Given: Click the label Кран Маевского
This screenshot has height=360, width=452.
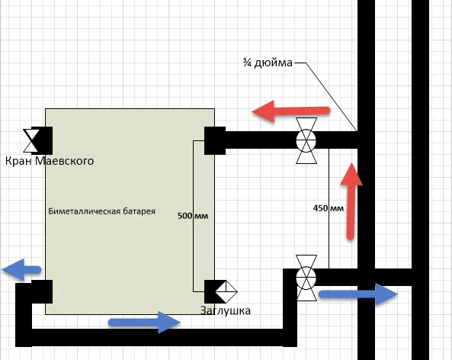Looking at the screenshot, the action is click(50, 161).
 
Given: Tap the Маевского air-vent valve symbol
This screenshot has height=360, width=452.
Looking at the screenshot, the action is click(31, 140).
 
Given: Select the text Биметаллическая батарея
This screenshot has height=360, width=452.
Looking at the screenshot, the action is click(102, 211).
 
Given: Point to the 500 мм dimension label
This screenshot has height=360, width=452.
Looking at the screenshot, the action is click(193, 216).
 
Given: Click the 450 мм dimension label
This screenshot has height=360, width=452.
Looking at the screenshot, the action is click(329, 208).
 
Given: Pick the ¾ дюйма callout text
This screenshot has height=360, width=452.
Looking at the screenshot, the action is click(268, 63).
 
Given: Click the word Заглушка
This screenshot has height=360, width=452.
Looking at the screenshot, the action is click(226, 310).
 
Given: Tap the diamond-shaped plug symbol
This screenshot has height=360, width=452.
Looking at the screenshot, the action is click(226, 291).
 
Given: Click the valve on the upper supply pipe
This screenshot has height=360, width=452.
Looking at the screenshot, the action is click(306, 140).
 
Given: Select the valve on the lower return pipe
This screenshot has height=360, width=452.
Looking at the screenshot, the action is click(306, 278).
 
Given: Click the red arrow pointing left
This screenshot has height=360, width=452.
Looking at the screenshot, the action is click(290, 111).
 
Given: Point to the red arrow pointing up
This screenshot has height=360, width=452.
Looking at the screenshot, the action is click(351, 201).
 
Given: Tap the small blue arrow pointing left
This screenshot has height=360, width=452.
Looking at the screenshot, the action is click(21, 270).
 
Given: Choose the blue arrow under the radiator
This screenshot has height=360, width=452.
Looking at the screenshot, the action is click(144, 322).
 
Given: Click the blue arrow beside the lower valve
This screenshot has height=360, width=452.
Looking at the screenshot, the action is click(358, 294).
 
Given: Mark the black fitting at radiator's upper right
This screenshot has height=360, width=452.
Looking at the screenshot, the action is click(215, 140).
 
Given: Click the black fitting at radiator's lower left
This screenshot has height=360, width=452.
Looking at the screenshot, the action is click(42, 291).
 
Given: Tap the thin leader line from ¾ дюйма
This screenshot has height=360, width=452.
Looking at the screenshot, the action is click(325, 97).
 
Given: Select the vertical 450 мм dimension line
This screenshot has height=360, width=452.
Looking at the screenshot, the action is click(329, 208).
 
